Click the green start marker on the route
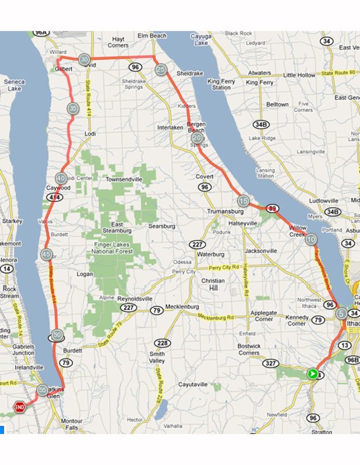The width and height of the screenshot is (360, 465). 312,374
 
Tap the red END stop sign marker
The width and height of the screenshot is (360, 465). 20,408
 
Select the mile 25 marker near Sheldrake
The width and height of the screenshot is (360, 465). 161,69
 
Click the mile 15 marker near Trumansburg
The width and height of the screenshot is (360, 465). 243,201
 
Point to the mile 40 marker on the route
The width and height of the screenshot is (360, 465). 61,178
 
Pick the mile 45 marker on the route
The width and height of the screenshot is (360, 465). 46,255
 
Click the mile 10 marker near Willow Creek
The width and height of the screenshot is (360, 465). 311,239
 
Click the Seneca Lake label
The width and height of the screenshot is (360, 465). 14,86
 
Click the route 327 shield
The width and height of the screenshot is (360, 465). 270,362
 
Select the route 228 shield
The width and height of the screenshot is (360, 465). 162,343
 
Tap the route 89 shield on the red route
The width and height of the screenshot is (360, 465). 272,208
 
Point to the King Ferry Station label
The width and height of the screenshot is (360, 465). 221,84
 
